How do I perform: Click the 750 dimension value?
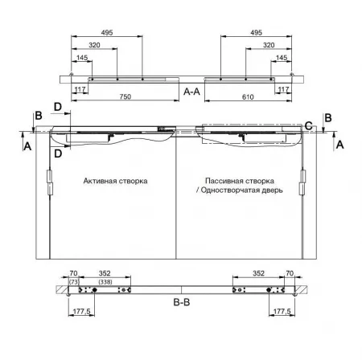pyautogui.click(x=125, y=96)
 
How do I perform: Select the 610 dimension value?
pyautogui.click(x=248, y=96)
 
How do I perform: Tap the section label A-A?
pyautogui.click(x=191, y=92)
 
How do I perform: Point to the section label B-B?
pyautogui.click(x=182, y=302)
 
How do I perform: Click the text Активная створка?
pyautogui.click(x=115, y=181)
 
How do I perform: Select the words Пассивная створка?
pyautogui.click(x=240, y=181)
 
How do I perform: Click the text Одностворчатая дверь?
pyautogui.click(x=241, y=190)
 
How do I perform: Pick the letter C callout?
pyautogui.click(x=309, y=125)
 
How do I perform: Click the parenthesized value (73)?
pyautogui.click(x=74, y=282)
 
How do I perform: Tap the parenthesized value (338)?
pyautogui.click(x=105, y=282)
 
